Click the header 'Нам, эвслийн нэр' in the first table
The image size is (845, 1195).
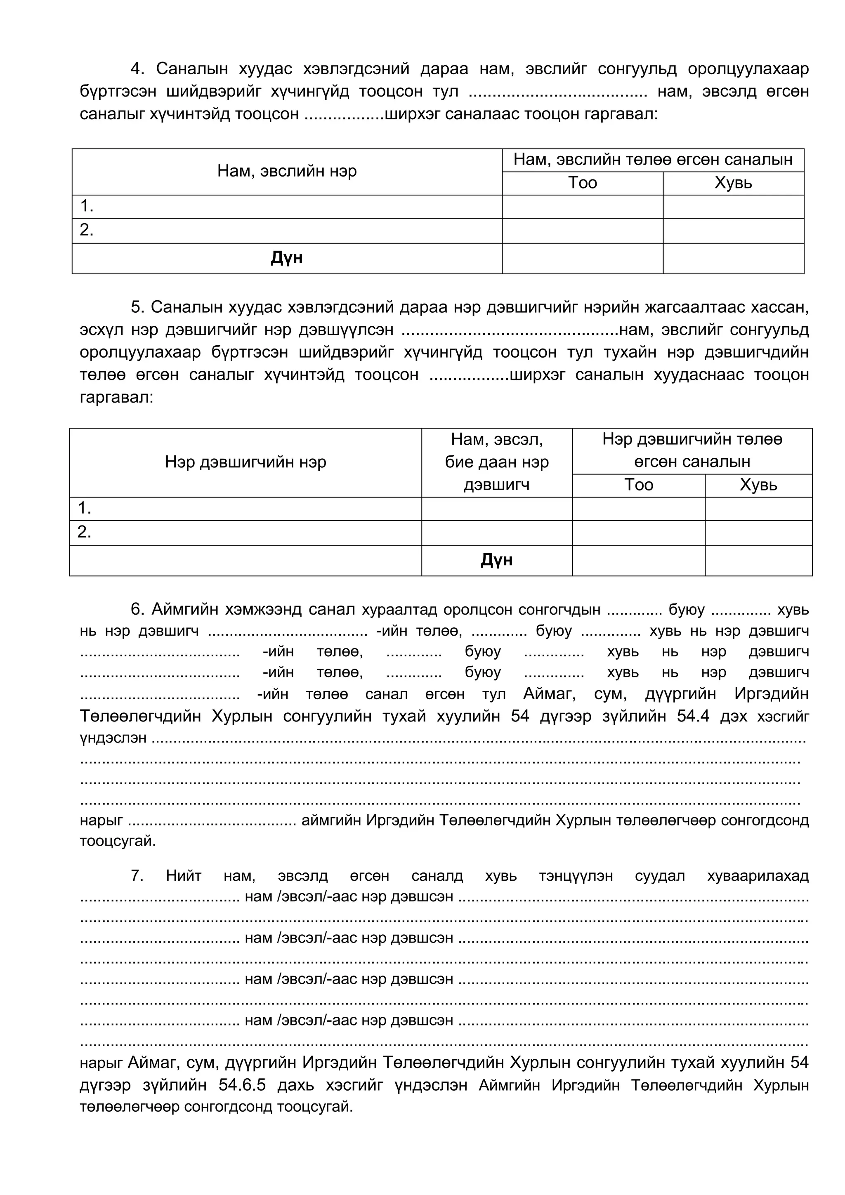287,171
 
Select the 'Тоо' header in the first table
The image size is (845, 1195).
582,183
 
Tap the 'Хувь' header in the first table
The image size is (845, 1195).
733,183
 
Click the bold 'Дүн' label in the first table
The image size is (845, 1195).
287,258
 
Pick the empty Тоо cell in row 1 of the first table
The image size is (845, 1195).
582,207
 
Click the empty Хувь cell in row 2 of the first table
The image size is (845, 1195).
733,230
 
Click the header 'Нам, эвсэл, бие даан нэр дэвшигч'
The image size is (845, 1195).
497,462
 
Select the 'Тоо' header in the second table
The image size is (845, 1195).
638,485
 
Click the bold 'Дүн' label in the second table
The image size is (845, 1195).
497,560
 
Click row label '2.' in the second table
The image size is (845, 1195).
84,532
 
